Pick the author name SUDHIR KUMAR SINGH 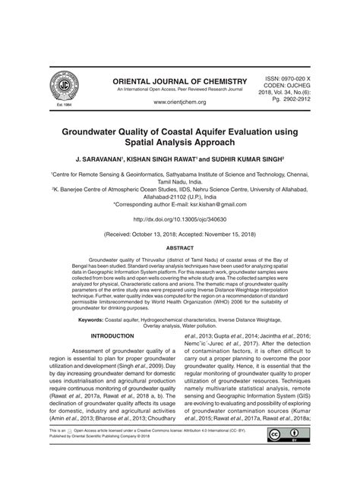(x=248, y=161)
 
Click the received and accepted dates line (x=180, y=236)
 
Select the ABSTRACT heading (x=180, y=247)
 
